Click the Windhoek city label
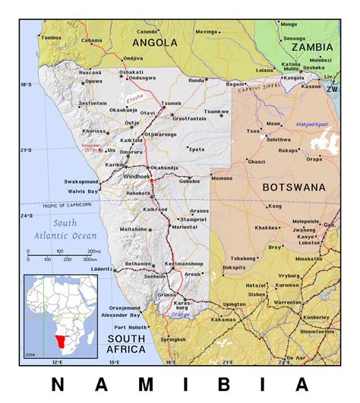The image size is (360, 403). point(137,176)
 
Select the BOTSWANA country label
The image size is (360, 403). point(293,187)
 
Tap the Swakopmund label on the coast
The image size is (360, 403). point(81,182)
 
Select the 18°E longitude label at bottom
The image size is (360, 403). point(170,362)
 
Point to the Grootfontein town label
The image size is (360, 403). point(189,118)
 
